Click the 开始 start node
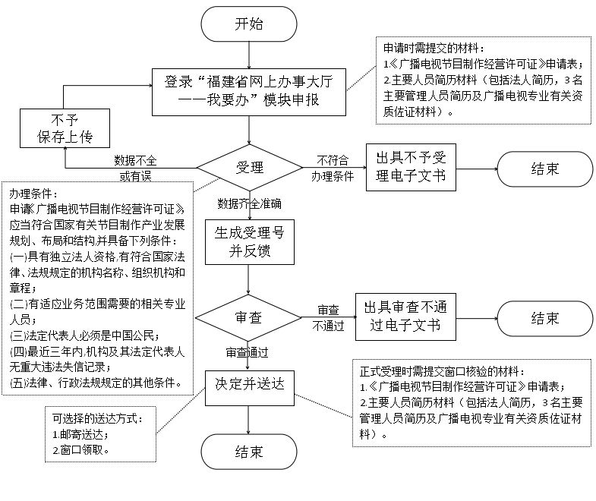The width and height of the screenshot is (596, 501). tap(249, 24)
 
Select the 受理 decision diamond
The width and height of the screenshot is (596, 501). tap(249, 167)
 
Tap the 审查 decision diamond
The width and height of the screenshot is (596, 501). tap(249, 317)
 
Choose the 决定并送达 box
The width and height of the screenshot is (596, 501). tap(249, 384)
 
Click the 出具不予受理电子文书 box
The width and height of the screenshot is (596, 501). tap(411, 168)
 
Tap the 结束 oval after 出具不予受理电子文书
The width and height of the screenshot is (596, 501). tap(544, 169)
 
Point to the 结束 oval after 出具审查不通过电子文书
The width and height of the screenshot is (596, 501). tap(544, 317)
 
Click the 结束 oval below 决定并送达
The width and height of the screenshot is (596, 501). tap(249, 452)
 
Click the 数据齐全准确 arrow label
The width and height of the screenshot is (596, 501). tap(250, 203)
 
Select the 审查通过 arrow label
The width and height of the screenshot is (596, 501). tap(248, 353)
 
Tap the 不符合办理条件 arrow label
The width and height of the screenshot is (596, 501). tap(333, 168)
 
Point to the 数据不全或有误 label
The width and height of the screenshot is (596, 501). tap(135, 168)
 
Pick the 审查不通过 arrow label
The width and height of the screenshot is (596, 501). tap(329, 318)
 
